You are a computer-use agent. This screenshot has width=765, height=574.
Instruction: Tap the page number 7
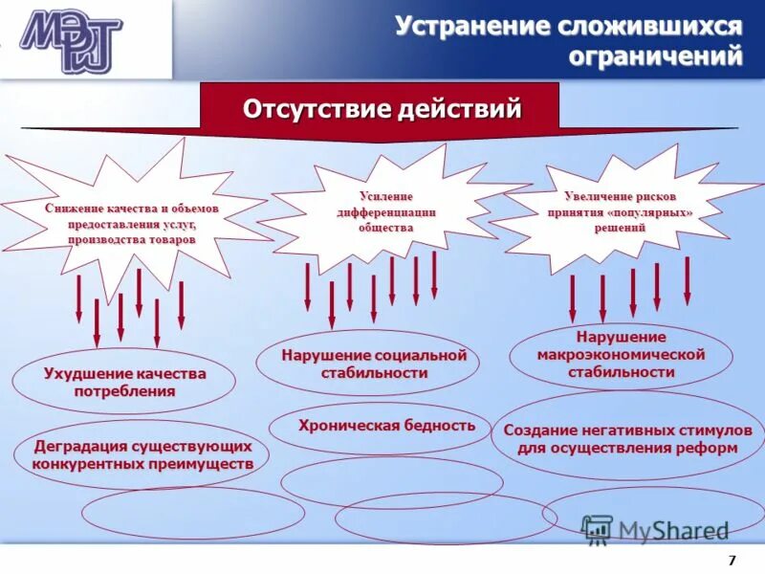point(732,560)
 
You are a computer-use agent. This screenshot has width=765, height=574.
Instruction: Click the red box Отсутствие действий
point(382,108)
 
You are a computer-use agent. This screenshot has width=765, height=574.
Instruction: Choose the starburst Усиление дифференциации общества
point(386,211)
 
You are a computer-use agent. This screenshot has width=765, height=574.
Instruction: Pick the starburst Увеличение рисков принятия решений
point(619,211)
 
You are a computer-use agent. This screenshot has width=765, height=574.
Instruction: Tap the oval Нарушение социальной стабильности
point(367,364)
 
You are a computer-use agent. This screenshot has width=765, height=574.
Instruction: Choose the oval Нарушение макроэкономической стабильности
point(621,355)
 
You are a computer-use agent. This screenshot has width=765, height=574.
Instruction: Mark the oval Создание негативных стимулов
point(620,438)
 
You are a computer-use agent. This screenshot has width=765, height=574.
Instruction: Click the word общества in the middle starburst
point(386,228)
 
